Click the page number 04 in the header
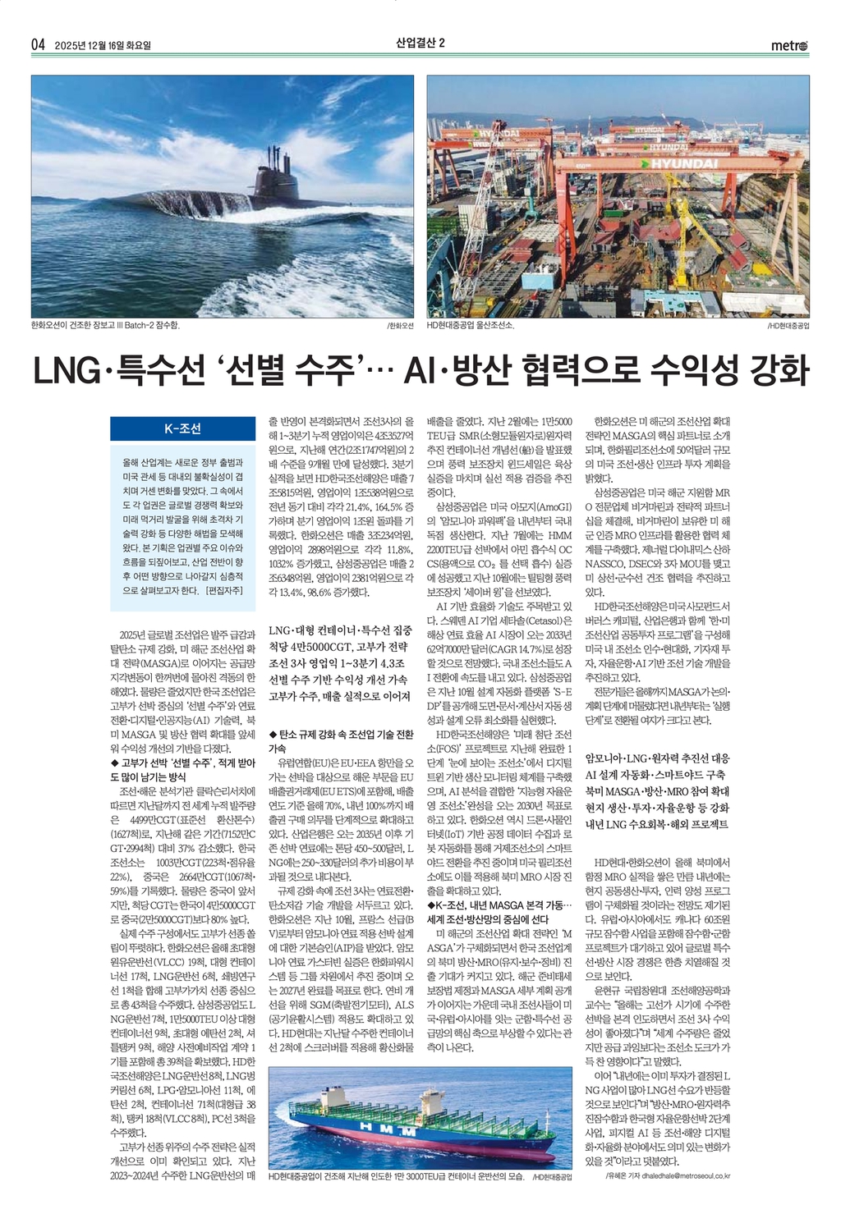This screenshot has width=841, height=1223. [x=37, y=44]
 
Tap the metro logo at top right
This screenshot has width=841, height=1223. [x=789, y=46]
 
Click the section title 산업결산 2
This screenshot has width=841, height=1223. [x=420, y=44]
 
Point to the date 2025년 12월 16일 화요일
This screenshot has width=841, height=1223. [x=103, y=45]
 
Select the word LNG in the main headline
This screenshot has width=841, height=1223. [x=64, y=370]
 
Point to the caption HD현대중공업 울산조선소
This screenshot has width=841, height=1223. [x=470, y=325]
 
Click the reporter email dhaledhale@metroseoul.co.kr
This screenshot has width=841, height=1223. [x=678, y=1175]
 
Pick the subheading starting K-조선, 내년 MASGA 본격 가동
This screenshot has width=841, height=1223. [x=499, y=904]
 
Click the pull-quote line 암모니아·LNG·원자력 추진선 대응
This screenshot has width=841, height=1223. [x=657, y=758]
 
